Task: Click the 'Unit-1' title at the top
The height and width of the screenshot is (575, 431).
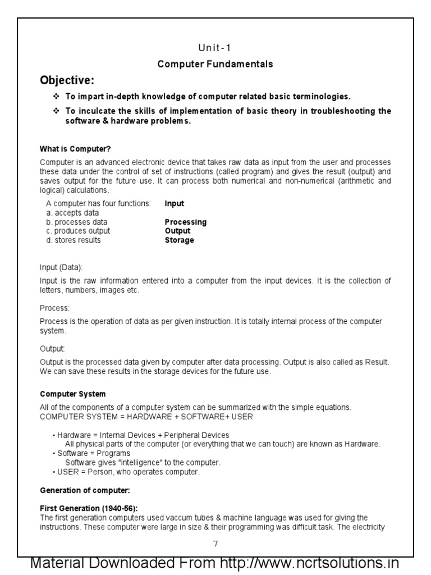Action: [x=215, y=48]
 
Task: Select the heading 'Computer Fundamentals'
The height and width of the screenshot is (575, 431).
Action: [x=215, y=64]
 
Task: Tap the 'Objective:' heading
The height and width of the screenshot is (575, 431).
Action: [x=67, y=80]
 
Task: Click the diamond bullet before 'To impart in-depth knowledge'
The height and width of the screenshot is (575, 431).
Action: [x=56, y=97]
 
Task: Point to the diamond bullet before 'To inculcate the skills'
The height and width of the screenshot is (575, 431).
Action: [x=56, y=111]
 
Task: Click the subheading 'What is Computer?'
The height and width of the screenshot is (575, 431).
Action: [x=75, y=149]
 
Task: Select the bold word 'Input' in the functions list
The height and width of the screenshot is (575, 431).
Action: [x=174, y=204]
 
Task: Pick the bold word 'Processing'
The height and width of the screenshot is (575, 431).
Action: [x=185, y=222]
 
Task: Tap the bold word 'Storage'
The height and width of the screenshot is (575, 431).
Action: [x=179, y=240]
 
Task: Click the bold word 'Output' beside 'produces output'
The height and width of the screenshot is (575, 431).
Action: [x=177, y=231]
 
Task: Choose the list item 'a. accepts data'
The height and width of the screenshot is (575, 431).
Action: [x=72, y=213]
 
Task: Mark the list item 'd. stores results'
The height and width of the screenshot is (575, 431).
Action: [x=74, y=240]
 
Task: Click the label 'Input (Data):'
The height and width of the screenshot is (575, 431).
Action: [x=61, y=267]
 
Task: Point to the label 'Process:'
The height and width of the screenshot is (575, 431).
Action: [x=54, y=308]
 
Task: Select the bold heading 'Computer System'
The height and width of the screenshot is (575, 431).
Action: [x=72, y=394]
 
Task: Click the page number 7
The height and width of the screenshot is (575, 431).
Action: [x=215, y=544]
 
